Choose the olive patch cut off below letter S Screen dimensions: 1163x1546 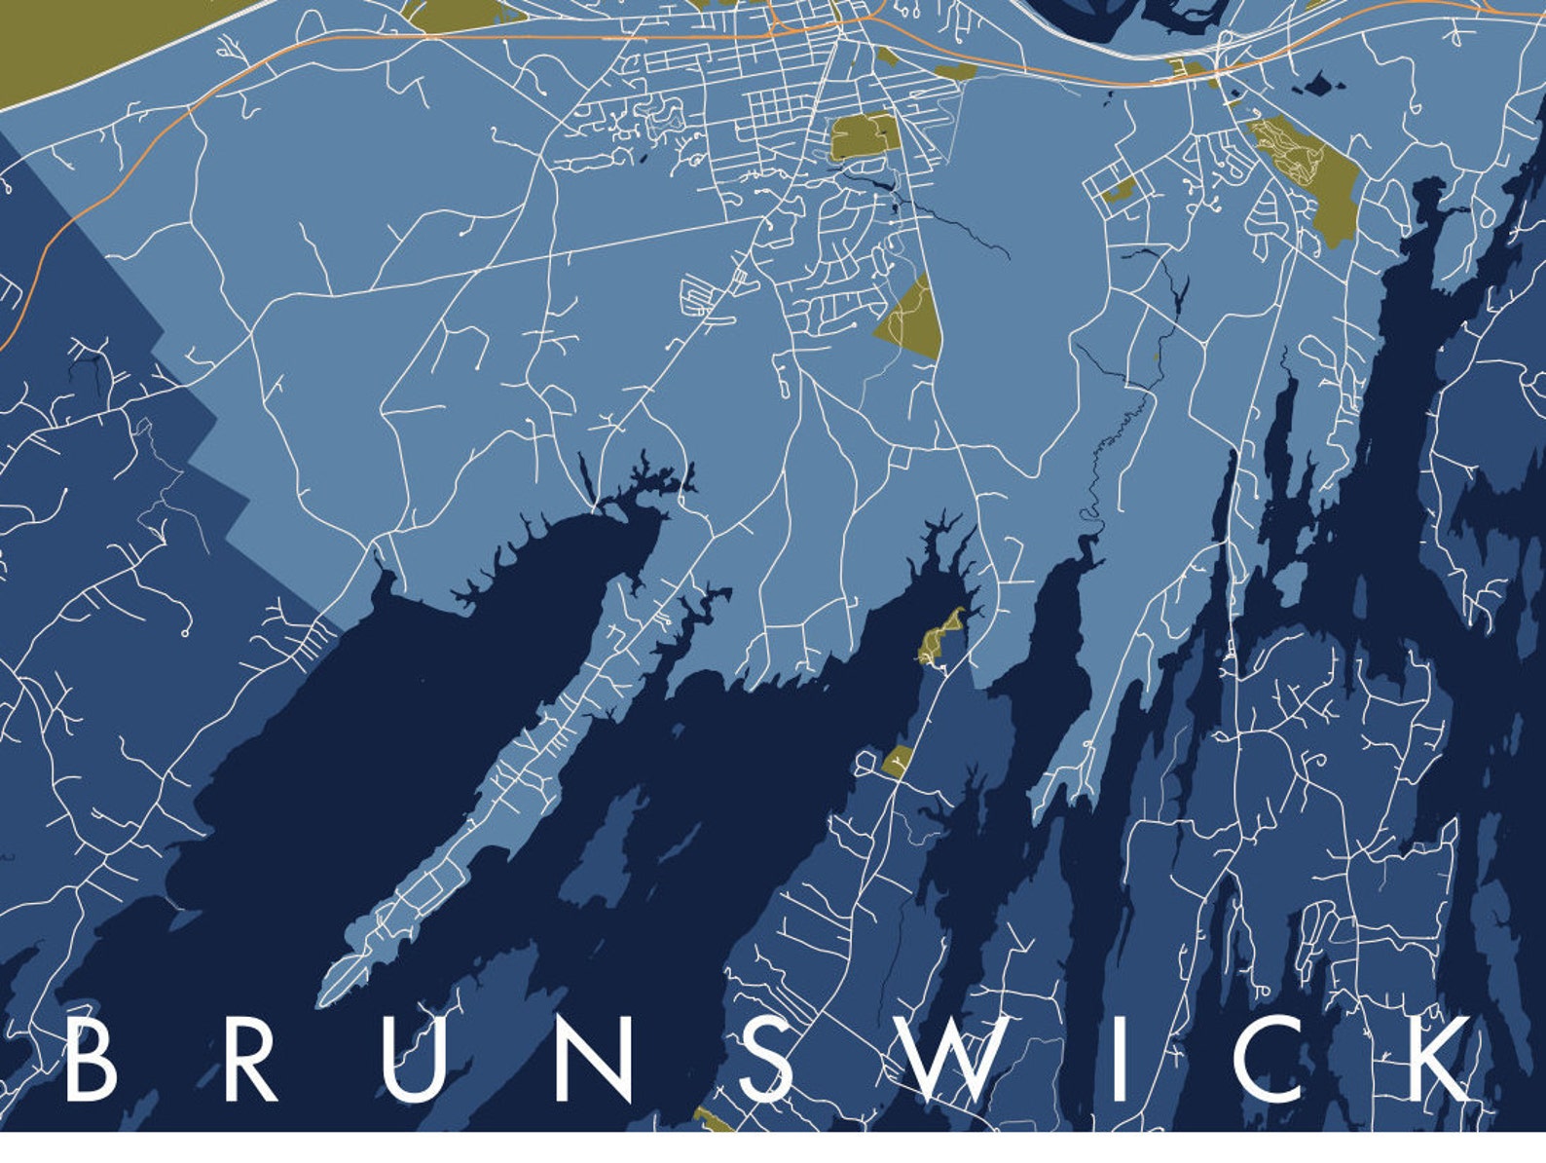[x=714, y=1121]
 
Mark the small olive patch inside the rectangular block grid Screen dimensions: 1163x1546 [x=1118, y=190]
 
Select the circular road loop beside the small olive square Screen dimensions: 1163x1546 [x=865, y=762]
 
